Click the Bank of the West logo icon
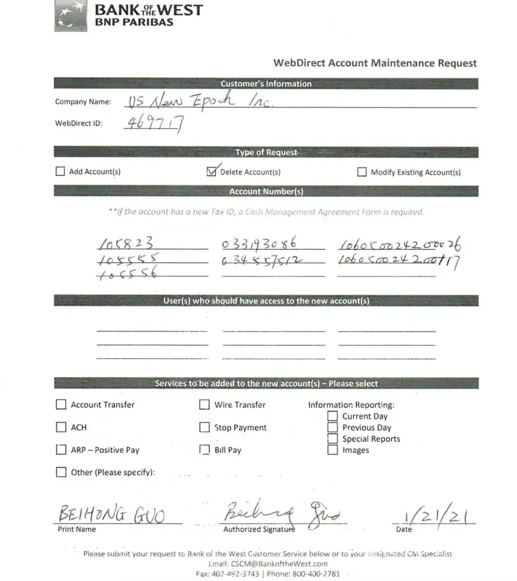coord(70,16)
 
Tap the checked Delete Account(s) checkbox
coord(211,171)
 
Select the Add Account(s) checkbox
coord(60,171)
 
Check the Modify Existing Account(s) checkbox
coord(362,172)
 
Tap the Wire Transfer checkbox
coord(204,404)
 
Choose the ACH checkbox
coord(61,427)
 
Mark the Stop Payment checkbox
coord(204,427)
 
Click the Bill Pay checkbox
coord(204,450)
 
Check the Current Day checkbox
coord(332,416)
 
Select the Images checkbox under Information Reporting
coord(332,450)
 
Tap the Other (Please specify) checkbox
coord(61,472)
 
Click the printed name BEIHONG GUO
coord(111,515)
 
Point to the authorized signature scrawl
coord(281,513)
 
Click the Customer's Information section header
coord(266,84)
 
